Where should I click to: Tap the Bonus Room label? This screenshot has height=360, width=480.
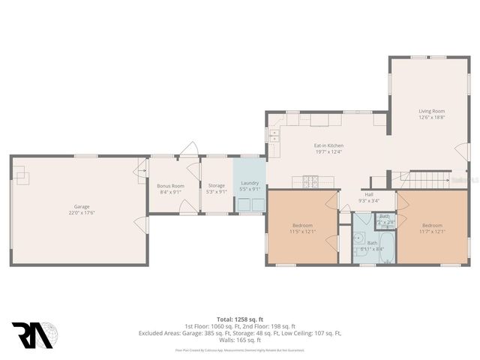click(170, 188)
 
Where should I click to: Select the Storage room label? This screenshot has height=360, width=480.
click(217, 188)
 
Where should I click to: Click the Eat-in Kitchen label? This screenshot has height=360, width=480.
click(328, 148)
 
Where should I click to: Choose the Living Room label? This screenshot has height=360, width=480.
click(431, 114)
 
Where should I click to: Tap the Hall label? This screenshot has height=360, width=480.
click(368, 196)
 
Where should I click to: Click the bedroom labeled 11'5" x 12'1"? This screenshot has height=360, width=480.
click(303, 228)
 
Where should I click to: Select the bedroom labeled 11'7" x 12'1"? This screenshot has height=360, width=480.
click(432, 228)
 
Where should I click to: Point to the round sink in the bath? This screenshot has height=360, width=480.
click(358, 241)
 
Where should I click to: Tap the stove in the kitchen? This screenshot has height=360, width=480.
click(311, 180)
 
